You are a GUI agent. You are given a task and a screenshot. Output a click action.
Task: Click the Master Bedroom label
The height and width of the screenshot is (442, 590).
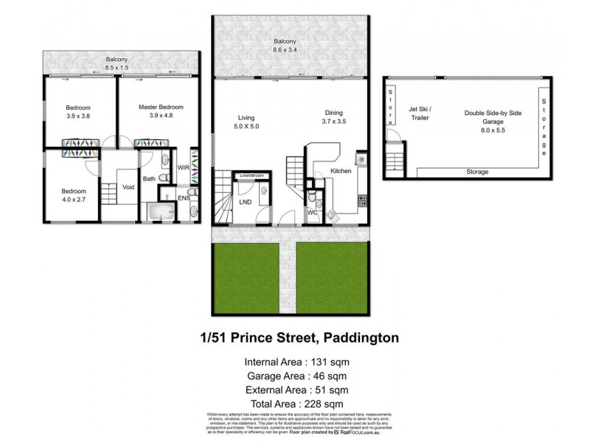coord(161,107)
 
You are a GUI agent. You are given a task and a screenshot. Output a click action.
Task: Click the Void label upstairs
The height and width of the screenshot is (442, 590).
coord(128,186)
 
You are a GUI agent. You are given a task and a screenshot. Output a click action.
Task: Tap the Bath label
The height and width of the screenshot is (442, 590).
coord(149,178)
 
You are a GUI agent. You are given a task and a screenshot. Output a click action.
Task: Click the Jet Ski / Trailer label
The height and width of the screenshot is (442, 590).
coord(420,113)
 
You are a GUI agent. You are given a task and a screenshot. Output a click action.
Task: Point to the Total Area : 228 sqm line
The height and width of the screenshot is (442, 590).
coord(296,404)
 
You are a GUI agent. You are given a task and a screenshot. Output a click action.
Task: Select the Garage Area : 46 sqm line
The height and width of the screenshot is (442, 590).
coord(296,375)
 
